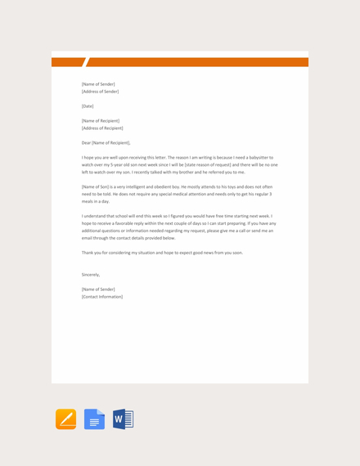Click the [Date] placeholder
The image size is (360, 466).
coord(88,106)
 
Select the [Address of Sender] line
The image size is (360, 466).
coord(100,92)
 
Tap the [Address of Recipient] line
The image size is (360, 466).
coord(102,128)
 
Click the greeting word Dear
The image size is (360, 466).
coord(86,143)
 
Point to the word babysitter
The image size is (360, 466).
coord(259,157)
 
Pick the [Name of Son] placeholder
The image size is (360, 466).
coord(94,186)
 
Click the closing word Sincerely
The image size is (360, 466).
coord(90,275)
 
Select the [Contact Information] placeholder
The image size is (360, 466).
coord(102,297)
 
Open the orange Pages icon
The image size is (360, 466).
coord(66,419)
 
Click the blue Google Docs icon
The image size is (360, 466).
coord(95,419)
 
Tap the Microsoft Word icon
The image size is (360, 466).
coord(123,419)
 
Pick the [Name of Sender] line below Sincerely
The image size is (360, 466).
coord(98,289)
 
